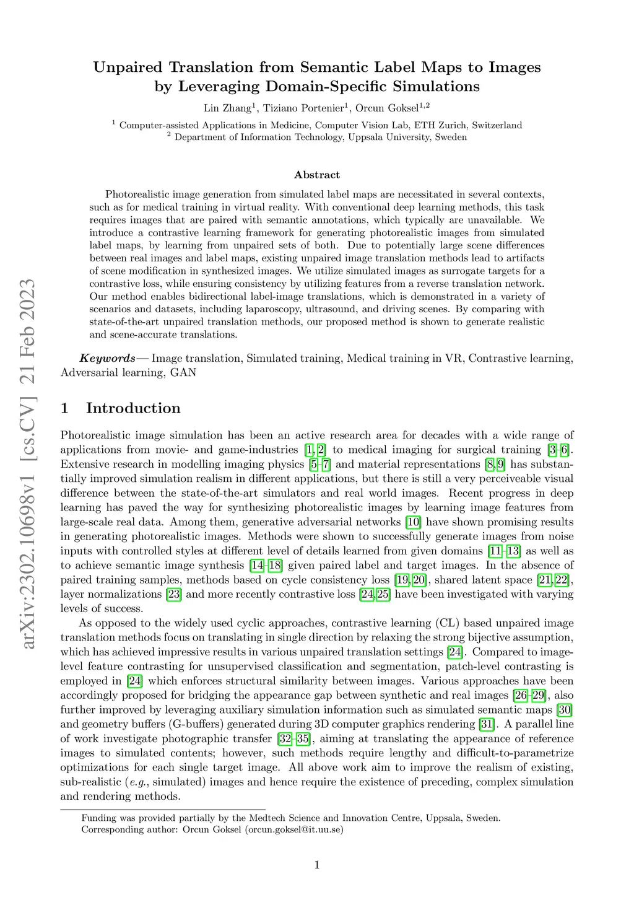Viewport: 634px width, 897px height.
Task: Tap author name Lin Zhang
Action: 227,108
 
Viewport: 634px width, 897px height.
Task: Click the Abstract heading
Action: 317,175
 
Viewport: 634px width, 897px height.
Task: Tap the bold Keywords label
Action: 107,358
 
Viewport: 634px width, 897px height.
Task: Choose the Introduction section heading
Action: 133,408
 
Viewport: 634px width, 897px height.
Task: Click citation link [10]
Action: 413,522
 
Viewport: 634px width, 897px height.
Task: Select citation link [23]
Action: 173,594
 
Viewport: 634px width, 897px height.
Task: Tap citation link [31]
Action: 487,724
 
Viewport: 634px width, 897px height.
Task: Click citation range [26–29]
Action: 529,696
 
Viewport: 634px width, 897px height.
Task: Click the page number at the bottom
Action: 317,865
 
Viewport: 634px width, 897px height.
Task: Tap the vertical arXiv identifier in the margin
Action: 28,465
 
